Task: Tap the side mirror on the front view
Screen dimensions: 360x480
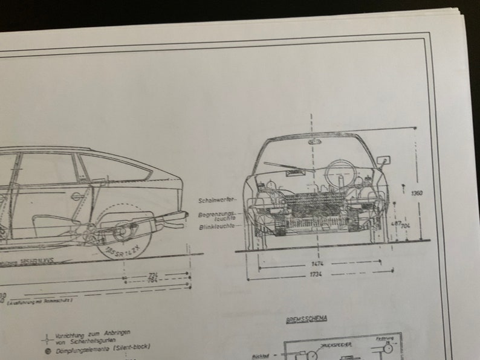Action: coord(383,161)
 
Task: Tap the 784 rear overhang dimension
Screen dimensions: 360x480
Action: coord(154,280)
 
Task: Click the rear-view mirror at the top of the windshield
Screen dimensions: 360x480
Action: coord(314,141)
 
